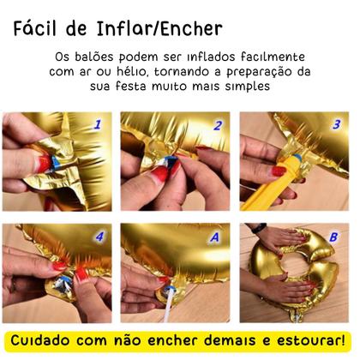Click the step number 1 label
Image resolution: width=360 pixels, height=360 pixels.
tap(97, 125)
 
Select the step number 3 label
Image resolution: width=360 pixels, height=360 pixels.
tap(335, 125)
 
